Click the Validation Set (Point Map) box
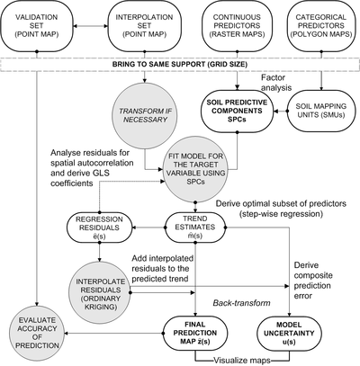[x=37, y=26]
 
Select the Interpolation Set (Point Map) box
[x=144, y=26]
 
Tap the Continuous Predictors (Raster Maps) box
[x=237, y=26]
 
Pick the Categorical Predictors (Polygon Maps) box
[x=321, y=26]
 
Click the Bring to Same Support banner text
[x=180, y=64]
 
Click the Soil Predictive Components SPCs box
[x=237, y=111]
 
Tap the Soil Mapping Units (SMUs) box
[x=320, y=111]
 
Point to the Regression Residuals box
[x=99, y=228]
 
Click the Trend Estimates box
[x=195, y=228]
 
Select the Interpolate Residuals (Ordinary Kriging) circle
[x=100, y=294]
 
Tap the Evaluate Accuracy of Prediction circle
[x=36, y=333]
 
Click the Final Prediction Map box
[x=196, y=333]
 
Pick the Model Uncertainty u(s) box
[x=289, y=333]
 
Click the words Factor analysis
[x=276, y=83]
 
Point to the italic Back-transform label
[x=241, y=303]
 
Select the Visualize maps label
[x=242, y=360]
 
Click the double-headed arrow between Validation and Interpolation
[x=91, y=27]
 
